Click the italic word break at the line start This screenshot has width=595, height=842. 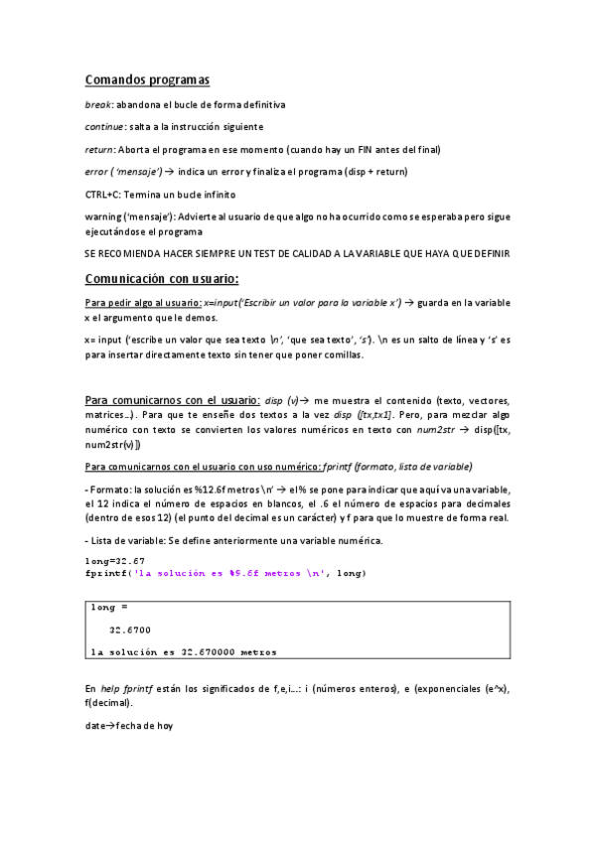[98, 104]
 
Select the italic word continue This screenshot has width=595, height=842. [105, 126]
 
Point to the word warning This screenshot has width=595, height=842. [105, 215]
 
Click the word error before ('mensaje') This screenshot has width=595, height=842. [97, 172]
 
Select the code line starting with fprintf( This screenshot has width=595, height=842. [225, 574]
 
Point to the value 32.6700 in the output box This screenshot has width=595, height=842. [130, 630]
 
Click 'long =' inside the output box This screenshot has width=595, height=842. [109, 606]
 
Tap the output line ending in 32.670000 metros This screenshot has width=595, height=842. [183, 652]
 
